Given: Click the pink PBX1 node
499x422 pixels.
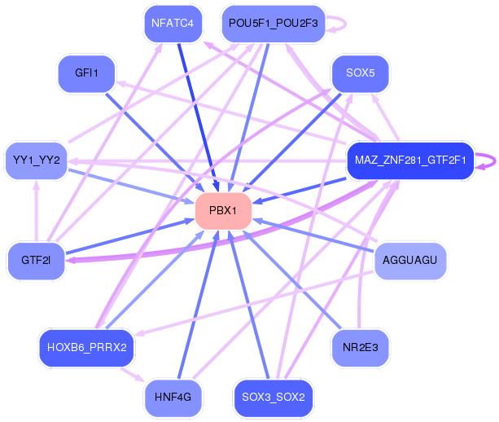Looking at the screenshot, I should (x=222, y=211).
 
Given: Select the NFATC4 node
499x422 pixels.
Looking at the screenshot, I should (x=173, y=24).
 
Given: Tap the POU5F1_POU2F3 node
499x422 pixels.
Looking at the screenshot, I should (x=276, y=24).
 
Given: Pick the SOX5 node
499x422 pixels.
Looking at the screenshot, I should (x=360, y=73).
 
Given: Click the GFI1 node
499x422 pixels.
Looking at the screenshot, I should (x=86, y=73).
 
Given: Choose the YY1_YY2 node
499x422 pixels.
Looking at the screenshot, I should (x=37, y=160).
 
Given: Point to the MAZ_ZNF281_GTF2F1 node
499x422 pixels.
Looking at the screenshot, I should (x=409, y=160).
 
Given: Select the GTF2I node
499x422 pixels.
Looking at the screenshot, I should (x=37, y=261).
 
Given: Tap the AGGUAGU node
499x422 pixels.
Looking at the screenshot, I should (x=409, y=261).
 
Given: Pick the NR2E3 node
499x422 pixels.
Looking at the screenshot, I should (x=360, y=348).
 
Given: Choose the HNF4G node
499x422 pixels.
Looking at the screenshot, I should (x=173, y=398).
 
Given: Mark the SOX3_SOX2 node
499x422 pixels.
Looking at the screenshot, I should (x=273, y=398).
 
